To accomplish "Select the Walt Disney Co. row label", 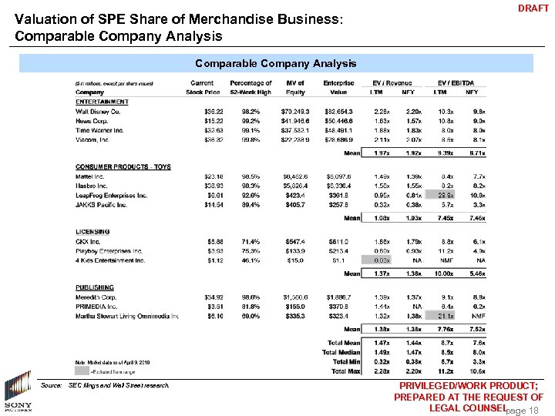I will tap(97, 112).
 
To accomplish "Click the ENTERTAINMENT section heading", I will tap(102, 102).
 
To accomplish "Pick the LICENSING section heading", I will tap(92, 231).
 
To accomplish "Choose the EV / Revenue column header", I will tap(393, 83).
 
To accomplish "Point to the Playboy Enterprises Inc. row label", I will tap(109, 250).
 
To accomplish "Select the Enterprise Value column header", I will tap(339, 88).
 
